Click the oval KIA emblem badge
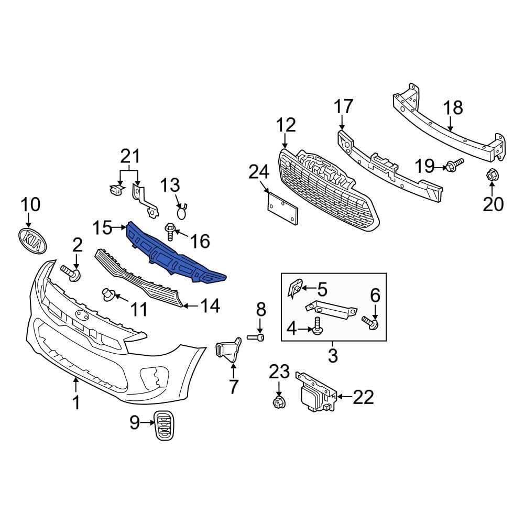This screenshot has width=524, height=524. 31,242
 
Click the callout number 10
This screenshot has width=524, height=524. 30,205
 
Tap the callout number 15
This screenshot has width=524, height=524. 102,227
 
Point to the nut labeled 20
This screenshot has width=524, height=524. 492,176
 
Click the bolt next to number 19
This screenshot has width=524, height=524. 454,166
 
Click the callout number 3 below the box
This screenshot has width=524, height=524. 333,356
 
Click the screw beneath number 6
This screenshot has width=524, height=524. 372,324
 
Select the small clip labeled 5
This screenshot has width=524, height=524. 296,288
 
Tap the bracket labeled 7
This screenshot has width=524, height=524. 227,351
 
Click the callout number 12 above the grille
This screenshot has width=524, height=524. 286,125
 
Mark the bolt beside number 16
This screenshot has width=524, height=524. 171,230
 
